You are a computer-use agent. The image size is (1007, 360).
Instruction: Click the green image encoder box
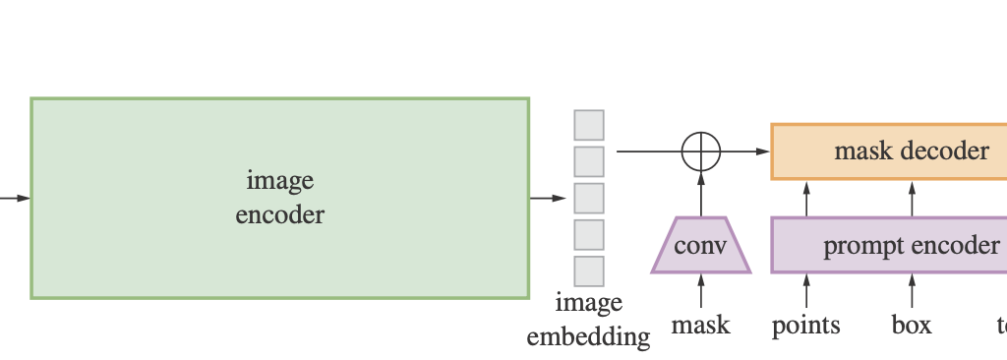pos(279,197)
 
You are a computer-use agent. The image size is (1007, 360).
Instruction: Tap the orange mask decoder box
pos(889,150)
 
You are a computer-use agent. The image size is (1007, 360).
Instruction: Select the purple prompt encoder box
pos(889,245)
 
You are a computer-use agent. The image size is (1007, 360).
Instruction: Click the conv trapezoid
pos(701,245)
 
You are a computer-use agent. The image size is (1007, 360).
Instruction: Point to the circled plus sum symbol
pos(701,151)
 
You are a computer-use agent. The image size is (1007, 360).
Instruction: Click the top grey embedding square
pos(589,125)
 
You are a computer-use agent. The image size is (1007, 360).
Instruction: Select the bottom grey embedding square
pos(589,270)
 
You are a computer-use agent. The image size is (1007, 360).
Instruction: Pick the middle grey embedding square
pos(589,198)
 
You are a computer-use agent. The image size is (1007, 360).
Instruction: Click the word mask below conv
pos(701,325)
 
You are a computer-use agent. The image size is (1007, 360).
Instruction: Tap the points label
pos(806,325)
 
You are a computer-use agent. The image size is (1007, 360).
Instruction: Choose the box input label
pos(912,325)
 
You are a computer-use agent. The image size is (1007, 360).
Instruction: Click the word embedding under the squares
pos(588,337)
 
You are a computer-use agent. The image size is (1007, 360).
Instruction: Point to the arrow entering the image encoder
pos(15,198)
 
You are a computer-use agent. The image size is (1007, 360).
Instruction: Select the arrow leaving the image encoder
pos(548,198)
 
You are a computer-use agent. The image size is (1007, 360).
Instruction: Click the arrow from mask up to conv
pos(701,292)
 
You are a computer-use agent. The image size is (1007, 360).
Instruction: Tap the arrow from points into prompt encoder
pos(806,292)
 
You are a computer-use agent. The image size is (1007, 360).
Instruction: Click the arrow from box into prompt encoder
pos(912,292)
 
